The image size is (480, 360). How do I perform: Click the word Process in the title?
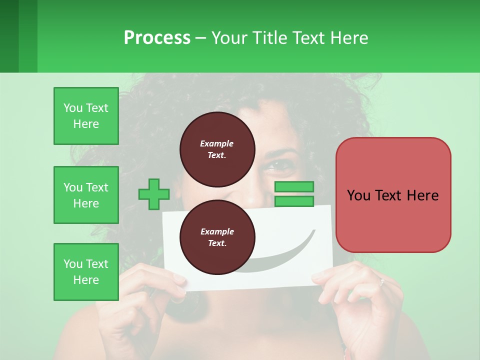tap(157, 38)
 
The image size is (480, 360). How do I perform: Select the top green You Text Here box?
tap(86, 116)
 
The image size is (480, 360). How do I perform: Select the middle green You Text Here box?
tap(86, 195)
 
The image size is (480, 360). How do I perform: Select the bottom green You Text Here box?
tap(86, 272)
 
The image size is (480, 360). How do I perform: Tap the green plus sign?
tap(154, 194)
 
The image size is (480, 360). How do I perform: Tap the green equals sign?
tap(294, 194)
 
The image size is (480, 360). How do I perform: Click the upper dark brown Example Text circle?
tap(217, 149)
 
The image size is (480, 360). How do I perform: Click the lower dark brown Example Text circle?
tap(217, 237)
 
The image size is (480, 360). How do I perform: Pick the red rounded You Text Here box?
tap(393, 195)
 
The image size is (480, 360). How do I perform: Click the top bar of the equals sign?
tap(294, 187)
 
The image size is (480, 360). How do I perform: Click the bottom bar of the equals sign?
tap(294, 201)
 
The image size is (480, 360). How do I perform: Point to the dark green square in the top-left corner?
tap(9, 36)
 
